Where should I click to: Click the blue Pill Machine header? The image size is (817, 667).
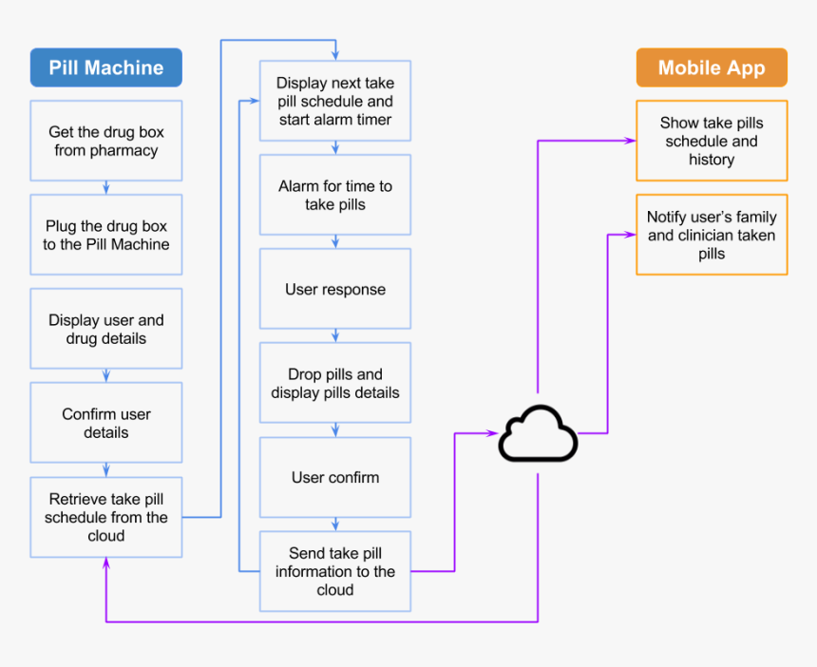coord(105,68)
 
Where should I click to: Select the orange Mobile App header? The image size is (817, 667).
coord(711,68)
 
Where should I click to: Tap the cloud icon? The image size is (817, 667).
coord(538,434)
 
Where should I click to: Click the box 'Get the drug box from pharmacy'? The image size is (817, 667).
coord(105,141)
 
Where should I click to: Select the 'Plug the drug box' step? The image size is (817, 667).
coord(105,235)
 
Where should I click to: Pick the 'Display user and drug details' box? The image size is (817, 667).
coord(105,329)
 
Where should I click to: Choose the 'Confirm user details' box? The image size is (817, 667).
coord(105,423)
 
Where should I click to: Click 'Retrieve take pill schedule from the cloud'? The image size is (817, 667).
coord(105,517)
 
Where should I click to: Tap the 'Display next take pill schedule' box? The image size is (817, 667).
coord(334,102)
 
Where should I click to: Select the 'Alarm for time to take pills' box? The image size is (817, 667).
coord(334,195)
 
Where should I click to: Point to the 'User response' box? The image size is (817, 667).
coord(334,289)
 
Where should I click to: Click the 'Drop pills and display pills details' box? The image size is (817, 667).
coord(334,383)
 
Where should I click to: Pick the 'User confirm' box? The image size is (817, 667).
coord(334,477)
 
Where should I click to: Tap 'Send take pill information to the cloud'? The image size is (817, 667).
coord(334,571)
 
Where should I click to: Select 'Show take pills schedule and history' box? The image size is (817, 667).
coord(711,141)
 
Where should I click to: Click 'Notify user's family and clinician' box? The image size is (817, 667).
coord(711,235)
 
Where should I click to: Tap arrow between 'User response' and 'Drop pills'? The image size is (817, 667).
coord(334,336)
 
